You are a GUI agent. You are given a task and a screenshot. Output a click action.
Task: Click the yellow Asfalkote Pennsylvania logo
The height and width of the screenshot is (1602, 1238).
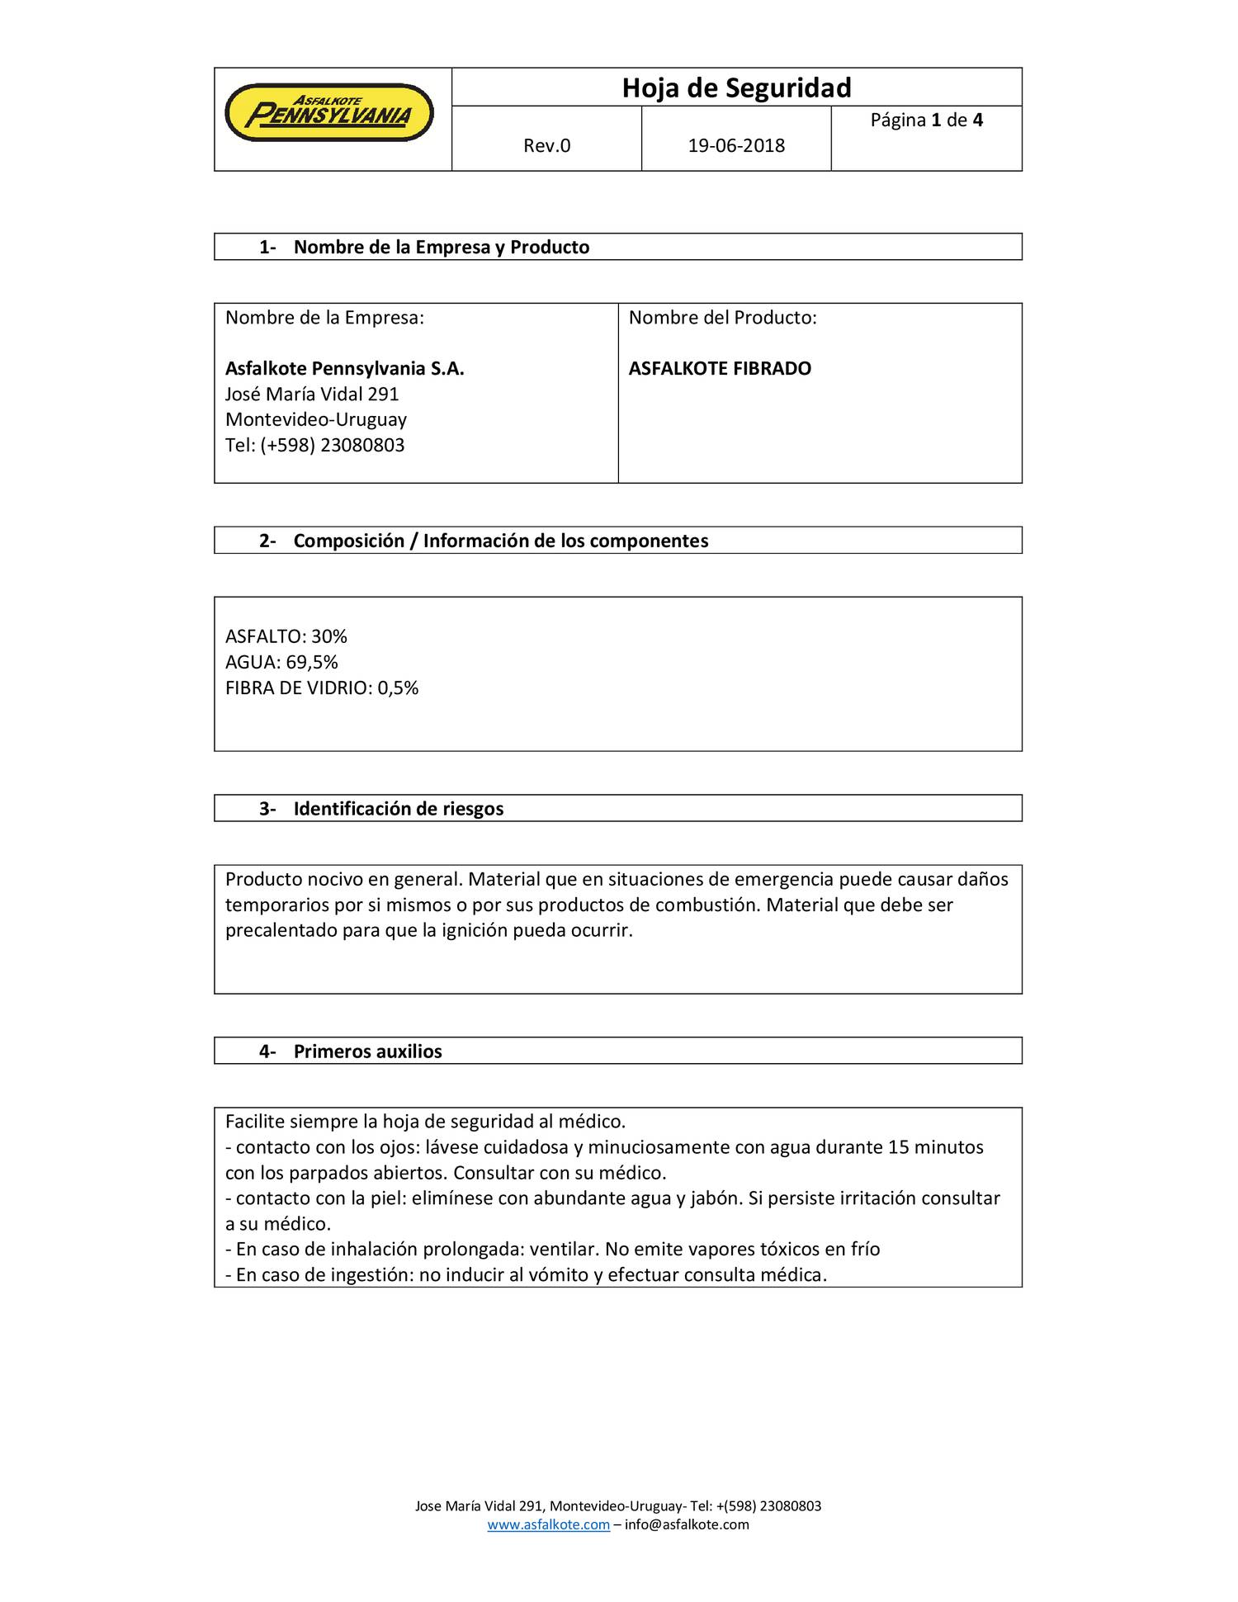click(x=328, y=113)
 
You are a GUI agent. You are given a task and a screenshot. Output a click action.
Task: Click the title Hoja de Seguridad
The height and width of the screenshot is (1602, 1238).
click(x=736, y=87)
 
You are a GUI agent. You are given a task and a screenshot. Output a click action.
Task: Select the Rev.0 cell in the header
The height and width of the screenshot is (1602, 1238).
click(x=546, y=146)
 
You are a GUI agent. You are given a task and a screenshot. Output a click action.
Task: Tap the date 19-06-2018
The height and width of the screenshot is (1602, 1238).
click(x=736, y=146)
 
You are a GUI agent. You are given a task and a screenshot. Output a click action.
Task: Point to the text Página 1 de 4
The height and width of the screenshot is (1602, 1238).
click(x=926, y=121)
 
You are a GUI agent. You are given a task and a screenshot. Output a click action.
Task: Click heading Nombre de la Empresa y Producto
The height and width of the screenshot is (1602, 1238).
click(x=441, y=248)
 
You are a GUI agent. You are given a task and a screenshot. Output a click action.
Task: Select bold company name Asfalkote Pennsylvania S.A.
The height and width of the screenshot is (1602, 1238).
click(x=344, y=369)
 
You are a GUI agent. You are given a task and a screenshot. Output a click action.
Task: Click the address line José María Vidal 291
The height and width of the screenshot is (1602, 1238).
click(x=312, y=395)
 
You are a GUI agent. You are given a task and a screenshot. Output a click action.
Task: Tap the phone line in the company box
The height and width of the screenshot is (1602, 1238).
click(x=314, y=446)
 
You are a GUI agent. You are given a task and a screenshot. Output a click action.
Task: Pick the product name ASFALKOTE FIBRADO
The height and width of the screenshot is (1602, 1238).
click(x=720, y=369)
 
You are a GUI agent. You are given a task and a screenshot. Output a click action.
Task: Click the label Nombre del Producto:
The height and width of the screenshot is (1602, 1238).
click(x=722, y=318)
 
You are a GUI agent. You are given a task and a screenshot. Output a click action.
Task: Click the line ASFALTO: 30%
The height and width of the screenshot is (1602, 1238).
click(x=286, y=636)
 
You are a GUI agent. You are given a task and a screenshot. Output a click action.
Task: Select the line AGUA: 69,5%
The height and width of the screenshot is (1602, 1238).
click(x=281, y=662)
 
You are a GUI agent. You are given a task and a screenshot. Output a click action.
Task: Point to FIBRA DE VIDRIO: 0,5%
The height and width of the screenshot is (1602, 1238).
click(x=322, y=688)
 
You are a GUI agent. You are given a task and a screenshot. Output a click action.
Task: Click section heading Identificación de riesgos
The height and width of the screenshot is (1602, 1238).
click(x=398, y=809)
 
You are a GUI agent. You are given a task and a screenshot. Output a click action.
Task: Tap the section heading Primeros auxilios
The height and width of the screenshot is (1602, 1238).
click(x=367, y=1051)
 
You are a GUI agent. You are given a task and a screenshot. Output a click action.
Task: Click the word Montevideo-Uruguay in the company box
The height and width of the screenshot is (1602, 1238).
click(x=315, y=420)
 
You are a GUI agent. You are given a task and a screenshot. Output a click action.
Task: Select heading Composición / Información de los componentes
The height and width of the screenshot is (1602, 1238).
click(x=500, y=541)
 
